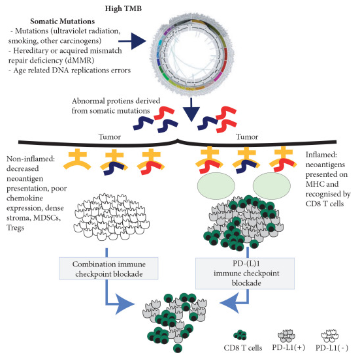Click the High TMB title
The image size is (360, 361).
[x=123, y=8]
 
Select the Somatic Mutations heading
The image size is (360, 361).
[x=63, y=22]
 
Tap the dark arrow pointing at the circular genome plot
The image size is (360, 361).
[x=132, y=41]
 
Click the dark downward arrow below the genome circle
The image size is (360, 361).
[x=191, y=110]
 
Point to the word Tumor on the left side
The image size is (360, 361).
[x=110, y=136]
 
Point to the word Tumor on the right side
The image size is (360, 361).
[x=247, y=136]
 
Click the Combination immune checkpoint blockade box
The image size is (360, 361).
[x=108, y=268]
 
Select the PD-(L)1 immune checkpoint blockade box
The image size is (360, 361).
[x=245, y=274]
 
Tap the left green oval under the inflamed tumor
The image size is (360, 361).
[x=216, y=186]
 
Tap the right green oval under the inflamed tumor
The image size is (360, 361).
[x=272, y=186]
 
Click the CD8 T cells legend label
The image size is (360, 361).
[x=243, y=348]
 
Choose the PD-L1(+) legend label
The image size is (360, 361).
[x=288, y=347]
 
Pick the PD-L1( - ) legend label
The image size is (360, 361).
[x=332, y=348]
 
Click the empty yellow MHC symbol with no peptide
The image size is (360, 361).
[x=77, y=159]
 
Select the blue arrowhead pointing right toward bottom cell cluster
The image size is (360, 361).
[x=124, y=304]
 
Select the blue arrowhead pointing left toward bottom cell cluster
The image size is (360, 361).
[x=229, y=303]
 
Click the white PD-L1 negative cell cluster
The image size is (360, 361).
[x=111, y=217]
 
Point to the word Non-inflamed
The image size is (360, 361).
[x=31, y=159]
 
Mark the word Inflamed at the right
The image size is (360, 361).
[x=321, y=155]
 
